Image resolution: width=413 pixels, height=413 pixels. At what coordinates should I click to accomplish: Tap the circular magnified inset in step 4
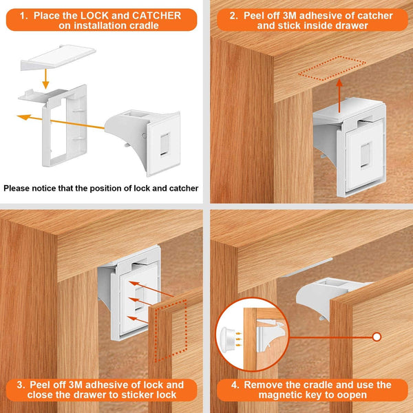[x=244, y=336]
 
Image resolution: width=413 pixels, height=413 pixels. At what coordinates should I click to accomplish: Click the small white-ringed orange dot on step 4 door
[x=377, y=337]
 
